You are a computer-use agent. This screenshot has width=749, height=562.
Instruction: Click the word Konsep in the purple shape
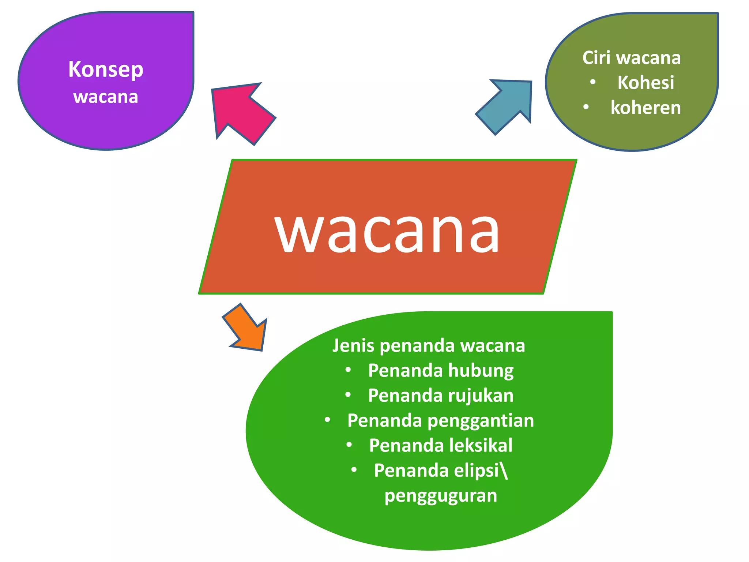106,70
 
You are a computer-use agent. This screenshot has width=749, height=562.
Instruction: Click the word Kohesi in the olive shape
646,83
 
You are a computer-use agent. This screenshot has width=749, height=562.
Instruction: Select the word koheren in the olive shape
646,108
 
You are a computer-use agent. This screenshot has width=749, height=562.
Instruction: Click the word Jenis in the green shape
353,346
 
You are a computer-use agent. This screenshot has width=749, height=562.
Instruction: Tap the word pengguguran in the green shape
441,496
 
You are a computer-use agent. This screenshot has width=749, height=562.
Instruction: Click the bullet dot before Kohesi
593,82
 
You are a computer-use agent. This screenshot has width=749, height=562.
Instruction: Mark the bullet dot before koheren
586,107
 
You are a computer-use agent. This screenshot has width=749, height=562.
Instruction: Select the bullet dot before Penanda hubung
348,370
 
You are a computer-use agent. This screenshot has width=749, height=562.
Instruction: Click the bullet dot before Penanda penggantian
327,420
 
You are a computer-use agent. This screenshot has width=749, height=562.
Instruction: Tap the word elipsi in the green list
477,471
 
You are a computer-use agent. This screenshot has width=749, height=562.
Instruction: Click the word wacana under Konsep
106,97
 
